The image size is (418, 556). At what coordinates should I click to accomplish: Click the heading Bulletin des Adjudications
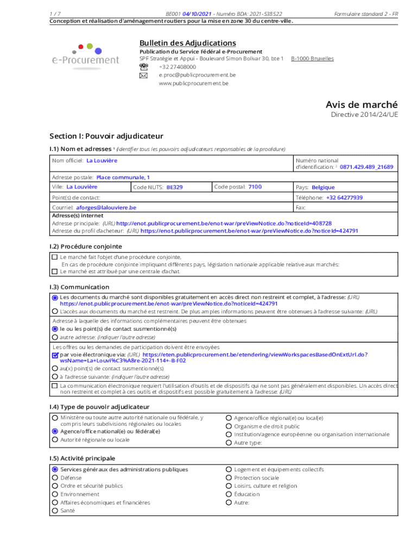point(187,43)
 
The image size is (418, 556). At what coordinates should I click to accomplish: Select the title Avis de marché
point(362,104)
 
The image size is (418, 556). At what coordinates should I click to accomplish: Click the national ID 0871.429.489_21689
point(366,167)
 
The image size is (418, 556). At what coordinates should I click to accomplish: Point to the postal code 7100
point(255,187)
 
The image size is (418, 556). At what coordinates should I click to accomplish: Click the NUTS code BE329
point(174,187)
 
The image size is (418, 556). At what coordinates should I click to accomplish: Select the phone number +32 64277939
point(344,198)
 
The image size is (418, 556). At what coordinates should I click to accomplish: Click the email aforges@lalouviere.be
point(106,207)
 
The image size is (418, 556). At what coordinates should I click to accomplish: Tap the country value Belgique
point(323,187)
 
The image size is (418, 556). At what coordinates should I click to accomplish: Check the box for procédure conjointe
point(54,257)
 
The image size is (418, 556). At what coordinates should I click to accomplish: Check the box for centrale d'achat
point(54,271)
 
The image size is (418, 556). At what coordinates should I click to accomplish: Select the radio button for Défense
point(55,478)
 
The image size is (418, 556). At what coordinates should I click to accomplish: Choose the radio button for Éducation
point(229,494)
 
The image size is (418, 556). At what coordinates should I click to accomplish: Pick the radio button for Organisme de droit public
point(229,426)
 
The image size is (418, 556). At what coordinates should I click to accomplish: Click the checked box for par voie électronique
point(55,355)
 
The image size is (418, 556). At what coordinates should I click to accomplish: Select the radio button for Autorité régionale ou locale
point(55,440)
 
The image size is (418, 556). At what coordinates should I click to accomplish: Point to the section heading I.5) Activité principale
point(82,458)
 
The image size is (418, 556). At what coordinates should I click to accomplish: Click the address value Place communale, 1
point(123,177)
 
